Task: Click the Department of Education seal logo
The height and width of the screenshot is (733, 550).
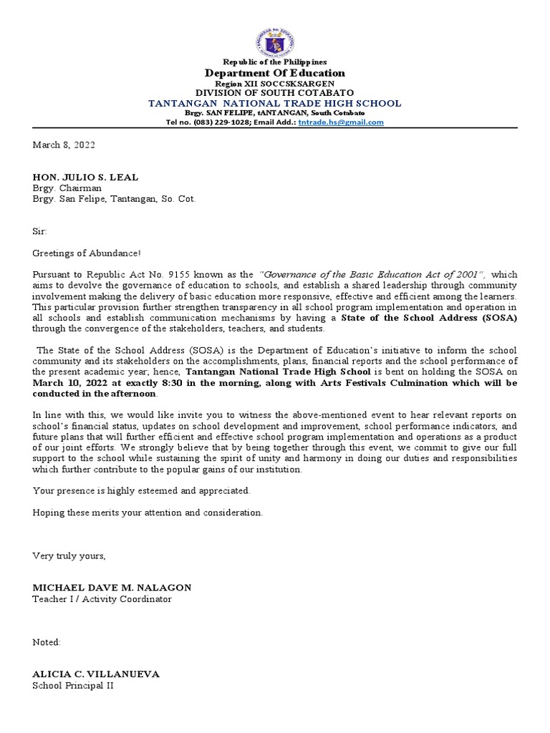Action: click(275, 32)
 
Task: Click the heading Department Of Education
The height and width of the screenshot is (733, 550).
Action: click(275, 73)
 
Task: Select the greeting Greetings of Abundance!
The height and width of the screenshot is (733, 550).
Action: click(87, 253)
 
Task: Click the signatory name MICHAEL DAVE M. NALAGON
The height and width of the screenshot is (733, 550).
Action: click(112, 588)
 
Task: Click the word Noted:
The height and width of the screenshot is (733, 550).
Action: click(47, 642)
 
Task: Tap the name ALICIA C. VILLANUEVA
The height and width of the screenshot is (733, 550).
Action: click(96, 674)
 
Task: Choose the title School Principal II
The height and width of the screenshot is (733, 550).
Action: click(73, 686)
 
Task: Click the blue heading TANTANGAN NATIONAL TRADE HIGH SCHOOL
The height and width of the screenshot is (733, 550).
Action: click(275, 103)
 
